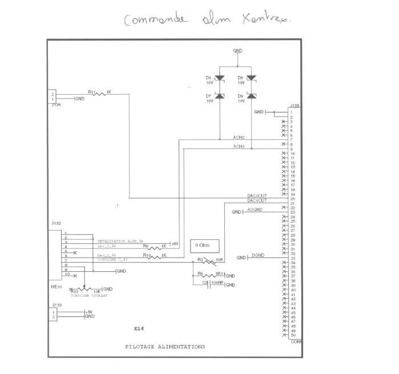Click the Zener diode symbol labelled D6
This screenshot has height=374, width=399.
[x=219, y=78]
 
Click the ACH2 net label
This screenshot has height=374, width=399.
[x=239, y=138]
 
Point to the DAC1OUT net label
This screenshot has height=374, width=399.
[x=257, y=200]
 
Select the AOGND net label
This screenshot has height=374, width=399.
[x=255, y=210]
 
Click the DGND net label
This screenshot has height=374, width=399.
[x=256, y=256]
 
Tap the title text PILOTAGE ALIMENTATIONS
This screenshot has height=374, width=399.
[x=165, y=347]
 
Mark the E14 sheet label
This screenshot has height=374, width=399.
[x=139, y=329]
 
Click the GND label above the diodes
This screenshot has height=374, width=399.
[x=237, y=51]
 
